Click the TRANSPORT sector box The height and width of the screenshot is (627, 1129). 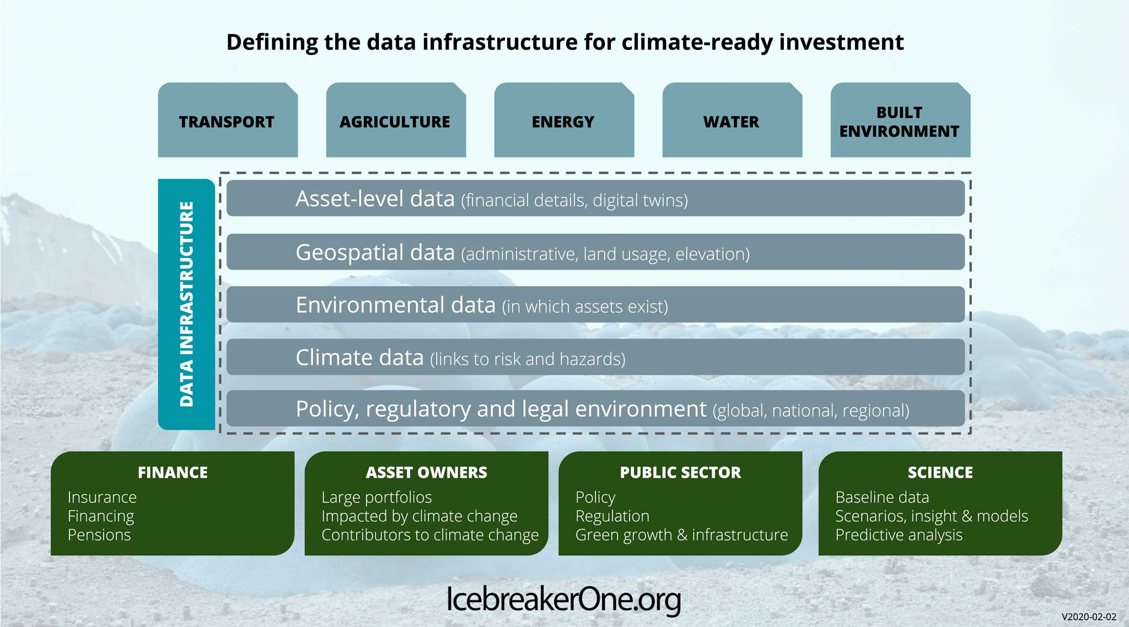point(227,121)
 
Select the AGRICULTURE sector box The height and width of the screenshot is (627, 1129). point(395,121)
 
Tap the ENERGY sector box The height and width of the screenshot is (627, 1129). point(563,121)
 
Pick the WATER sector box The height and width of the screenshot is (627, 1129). point(732,121)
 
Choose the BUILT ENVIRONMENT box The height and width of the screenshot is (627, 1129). point(900,121)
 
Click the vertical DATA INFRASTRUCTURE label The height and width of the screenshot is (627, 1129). point(186,304)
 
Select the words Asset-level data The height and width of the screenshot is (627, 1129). point(375,198)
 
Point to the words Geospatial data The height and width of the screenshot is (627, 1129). point(375,252)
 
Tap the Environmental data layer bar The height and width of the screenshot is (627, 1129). point(595,305)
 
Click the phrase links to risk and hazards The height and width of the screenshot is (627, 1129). point(528,359)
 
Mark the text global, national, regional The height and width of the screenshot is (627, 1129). point(811,410)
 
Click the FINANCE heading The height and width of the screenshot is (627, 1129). point(173,472)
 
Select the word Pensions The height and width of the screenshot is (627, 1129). point(99,535)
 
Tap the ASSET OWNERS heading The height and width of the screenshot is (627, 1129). point(426,472)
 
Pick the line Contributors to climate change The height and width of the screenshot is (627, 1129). point(430,535)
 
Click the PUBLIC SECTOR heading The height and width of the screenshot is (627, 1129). point(680,472)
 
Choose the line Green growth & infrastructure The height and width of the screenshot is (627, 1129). point(681,535)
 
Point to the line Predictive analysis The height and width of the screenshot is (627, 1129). point(899,535)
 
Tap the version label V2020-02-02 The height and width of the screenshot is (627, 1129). point(1089,617)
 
